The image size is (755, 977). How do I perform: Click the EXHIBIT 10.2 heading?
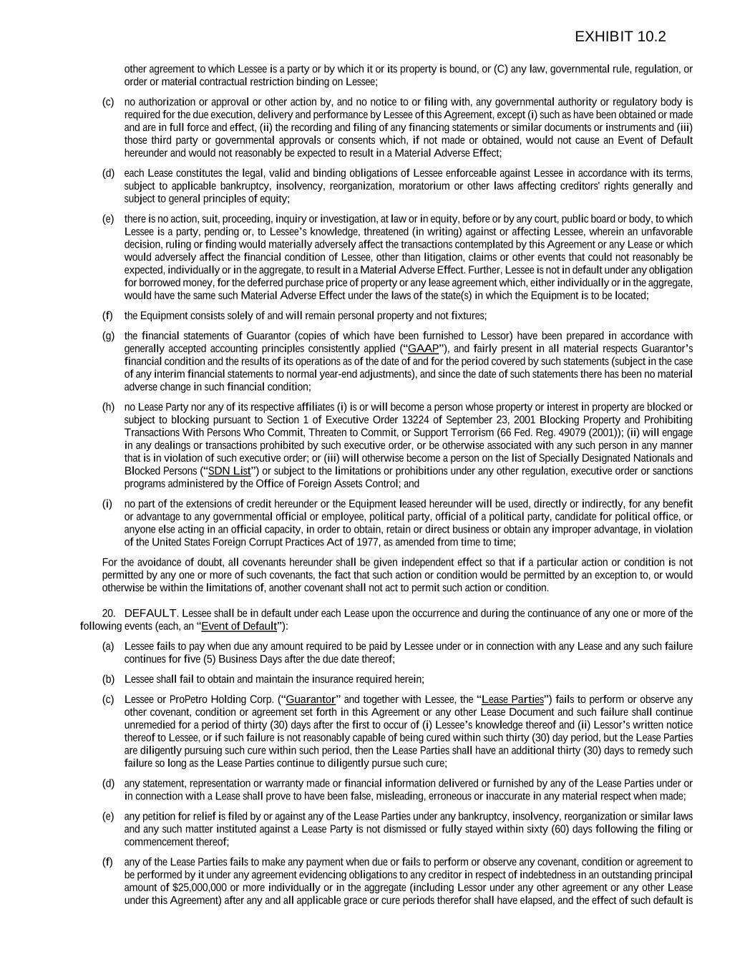point(620,37)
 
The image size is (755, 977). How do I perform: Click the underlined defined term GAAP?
point(422,349)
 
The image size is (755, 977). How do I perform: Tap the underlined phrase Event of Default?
point(239,626)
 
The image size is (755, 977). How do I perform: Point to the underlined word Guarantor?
point(311,699)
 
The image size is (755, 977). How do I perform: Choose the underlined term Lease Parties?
point(512,699)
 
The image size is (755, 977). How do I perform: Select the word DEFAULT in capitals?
point(150,613)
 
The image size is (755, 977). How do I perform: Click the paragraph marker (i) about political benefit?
point(107,504)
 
